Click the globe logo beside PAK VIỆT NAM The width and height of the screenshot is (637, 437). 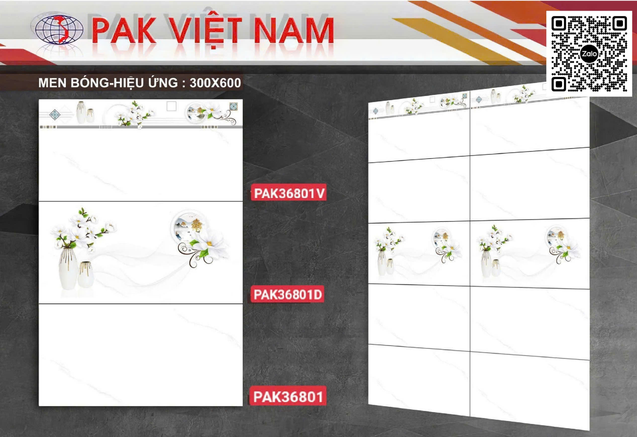(59, 30)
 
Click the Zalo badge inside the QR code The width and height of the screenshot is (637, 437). (589, 54)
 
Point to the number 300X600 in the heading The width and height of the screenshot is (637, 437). (215, 83)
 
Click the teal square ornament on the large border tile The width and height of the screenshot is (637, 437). (234, 106)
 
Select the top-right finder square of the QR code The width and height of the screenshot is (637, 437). (620, 24)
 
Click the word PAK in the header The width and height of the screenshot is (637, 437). (125, 30)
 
